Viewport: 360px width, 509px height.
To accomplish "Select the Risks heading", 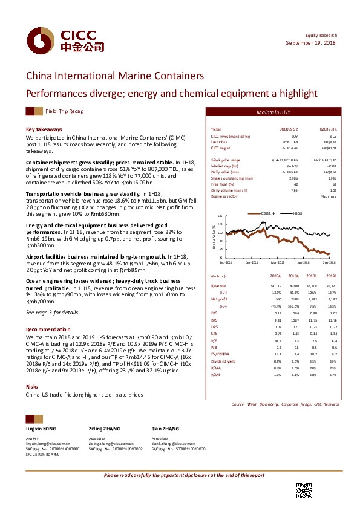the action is click(x=33, y=369).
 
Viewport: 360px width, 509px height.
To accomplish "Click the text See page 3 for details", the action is click(x=53, y=312).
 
